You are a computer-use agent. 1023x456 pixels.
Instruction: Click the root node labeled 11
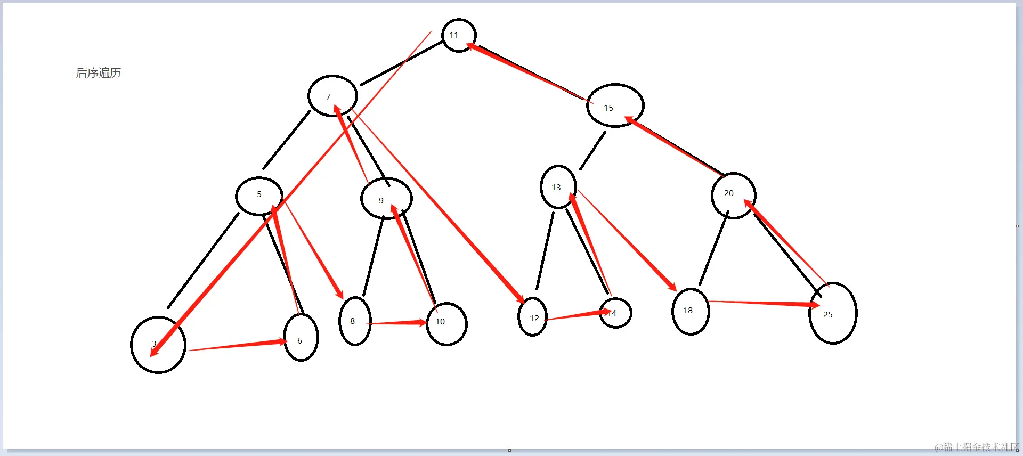459,35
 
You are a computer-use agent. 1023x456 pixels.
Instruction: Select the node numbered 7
332,96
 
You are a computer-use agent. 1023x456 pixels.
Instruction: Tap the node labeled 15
615,105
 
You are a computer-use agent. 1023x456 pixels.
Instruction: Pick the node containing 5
259,196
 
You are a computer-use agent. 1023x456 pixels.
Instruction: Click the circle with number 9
386,198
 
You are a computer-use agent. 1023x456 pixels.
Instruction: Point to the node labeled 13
558,187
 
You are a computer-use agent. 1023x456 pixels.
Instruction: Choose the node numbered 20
733,196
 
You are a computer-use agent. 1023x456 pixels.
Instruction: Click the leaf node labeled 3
158,345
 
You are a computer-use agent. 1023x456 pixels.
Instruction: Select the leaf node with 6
301,337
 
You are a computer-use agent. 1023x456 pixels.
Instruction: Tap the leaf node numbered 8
355,321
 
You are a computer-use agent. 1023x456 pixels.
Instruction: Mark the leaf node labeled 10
446,324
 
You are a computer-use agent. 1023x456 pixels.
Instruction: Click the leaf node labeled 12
532,317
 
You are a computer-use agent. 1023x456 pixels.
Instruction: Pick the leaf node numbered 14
616,313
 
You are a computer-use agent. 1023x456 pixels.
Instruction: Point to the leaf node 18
691,312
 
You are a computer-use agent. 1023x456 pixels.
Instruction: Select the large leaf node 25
833,313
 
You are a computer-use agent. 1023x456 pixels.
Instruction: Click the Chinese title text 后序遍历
99,73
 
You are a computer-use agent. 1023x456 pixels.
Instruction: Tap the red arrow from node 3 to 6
237,345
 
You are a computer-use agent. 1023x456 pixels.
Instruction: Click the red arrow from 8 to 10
397,323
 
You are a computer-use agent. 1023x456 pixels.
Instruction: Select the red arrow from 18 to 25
762,303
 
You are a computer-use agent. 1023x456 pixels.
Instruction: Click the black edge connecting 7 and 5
287,140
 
